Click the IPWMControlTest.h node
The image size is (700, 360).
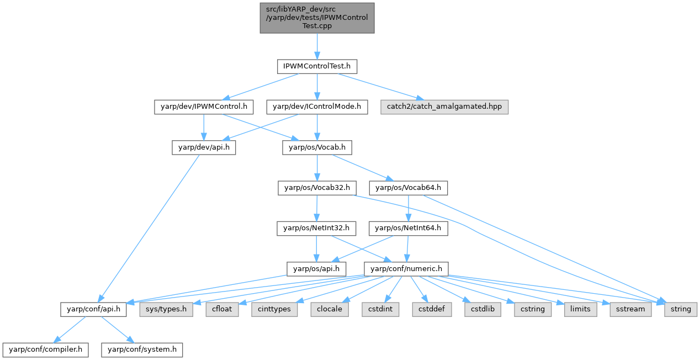(x=317, y=67)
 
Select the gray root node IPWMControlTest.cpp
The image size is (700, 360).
(x=317, y=18)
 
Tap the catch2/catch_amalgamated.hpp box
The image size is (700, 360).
(x=444, y=107)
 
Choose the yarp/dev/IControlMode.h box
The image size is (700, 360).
(x=317, y=107)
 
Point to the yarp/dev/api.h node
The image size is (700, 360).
(x=203, y=147)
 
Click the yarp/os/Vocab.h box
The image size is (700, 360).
(x=317, y=147)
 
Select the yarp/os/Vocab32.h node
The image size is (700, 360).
(x=317, y=188)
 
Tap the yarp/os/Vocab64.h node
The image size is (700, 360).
(x=409, y=188)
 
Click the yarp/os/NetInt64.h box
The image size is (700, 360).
(x=409, y=227)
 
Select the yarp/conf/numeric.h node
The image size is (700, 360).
(x=406, y=268)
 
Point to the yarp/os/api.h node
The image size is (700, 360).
(x=316, y=268)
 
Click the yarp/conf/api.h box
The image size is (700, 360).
(x=94, y=309)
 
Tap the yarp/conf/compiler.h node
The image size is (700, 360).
(x=45, y=349)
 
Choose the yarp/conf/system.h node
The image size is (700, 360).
(x=142, y=349)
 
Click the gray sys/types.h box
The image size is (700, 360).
(x=165, y=309)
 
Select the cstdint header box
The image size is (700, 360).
(x=381, y=309)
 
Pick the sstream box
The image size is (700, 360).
(x=630, y=309)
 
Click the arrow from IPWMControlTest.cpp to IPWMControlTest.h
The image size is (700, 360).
(x=317, y=46)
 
